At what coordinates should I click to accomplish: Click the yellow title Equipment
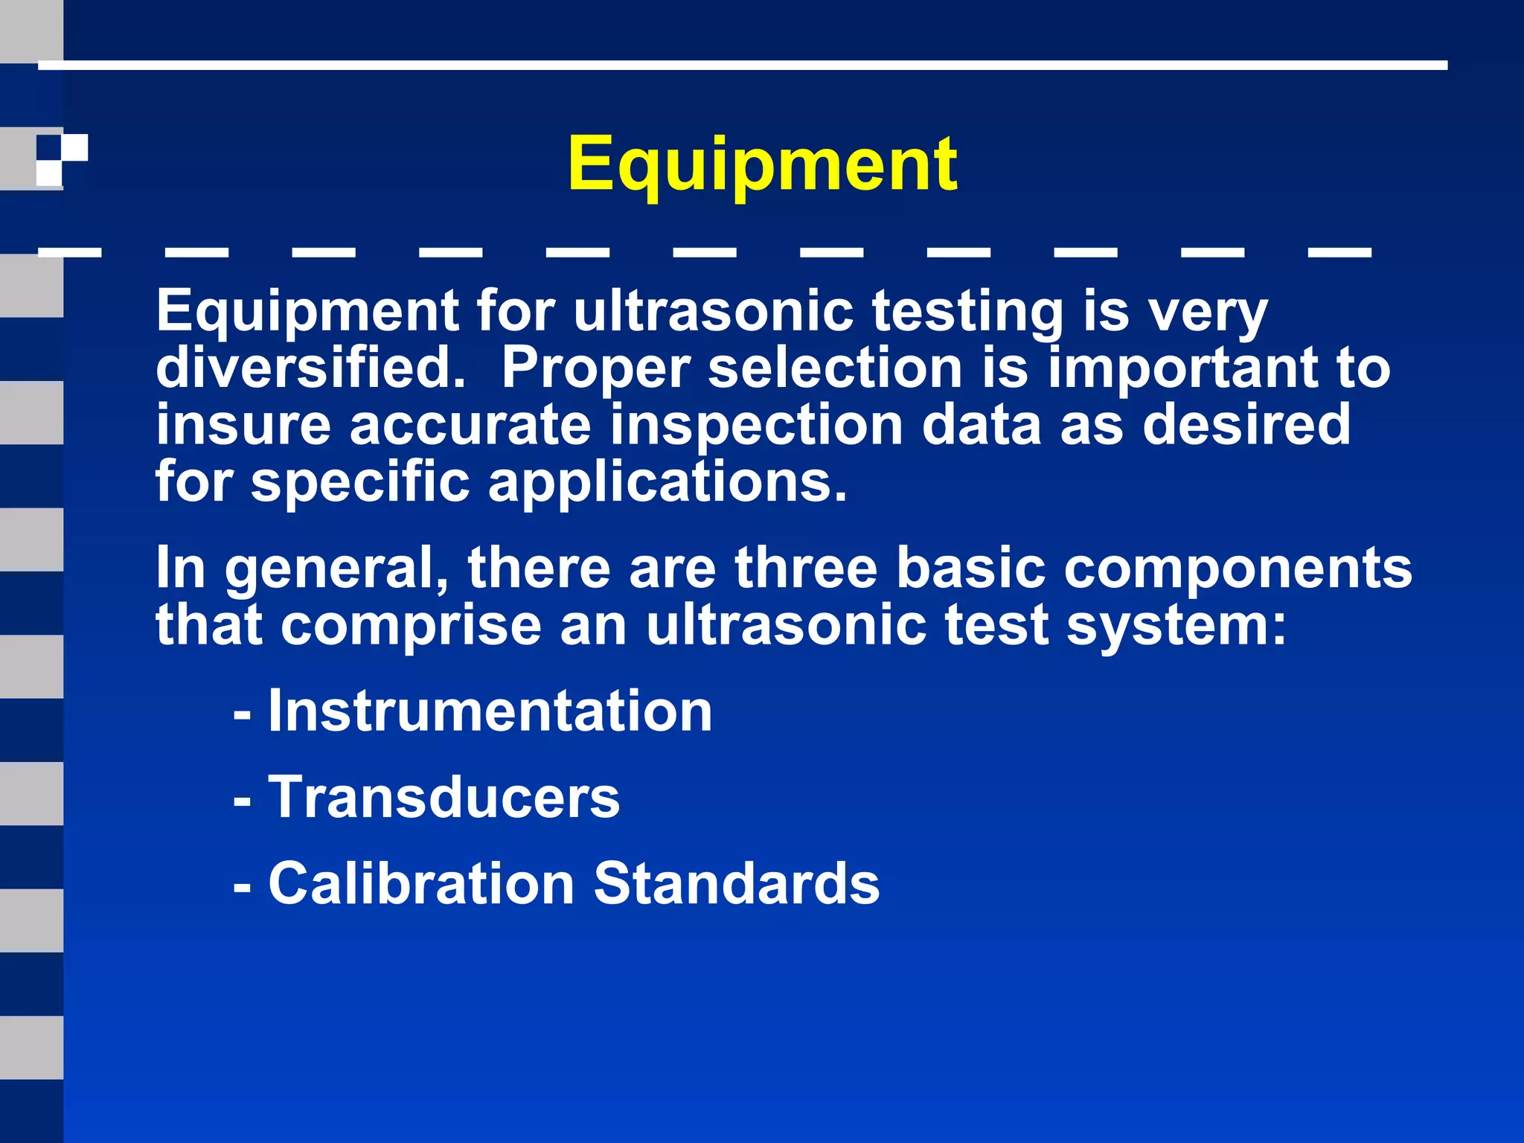click(762, 164)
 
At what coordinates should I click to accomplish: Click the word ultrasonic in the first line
click(713, 311)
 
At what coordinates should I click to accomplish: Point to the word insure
click(243, 425)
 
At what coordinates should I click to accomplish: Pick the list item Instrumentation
click(490, 711)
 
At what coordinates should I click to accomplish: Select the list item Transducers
click(444, 797)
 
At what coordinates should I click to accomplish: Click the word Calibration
click(421, 883)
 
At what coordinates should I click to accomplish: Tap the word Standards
click(737, 883)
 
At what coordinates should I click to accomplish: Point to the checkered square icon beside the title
click(63, 160)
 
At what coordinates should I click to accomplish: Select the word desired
click(1246, 425)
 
